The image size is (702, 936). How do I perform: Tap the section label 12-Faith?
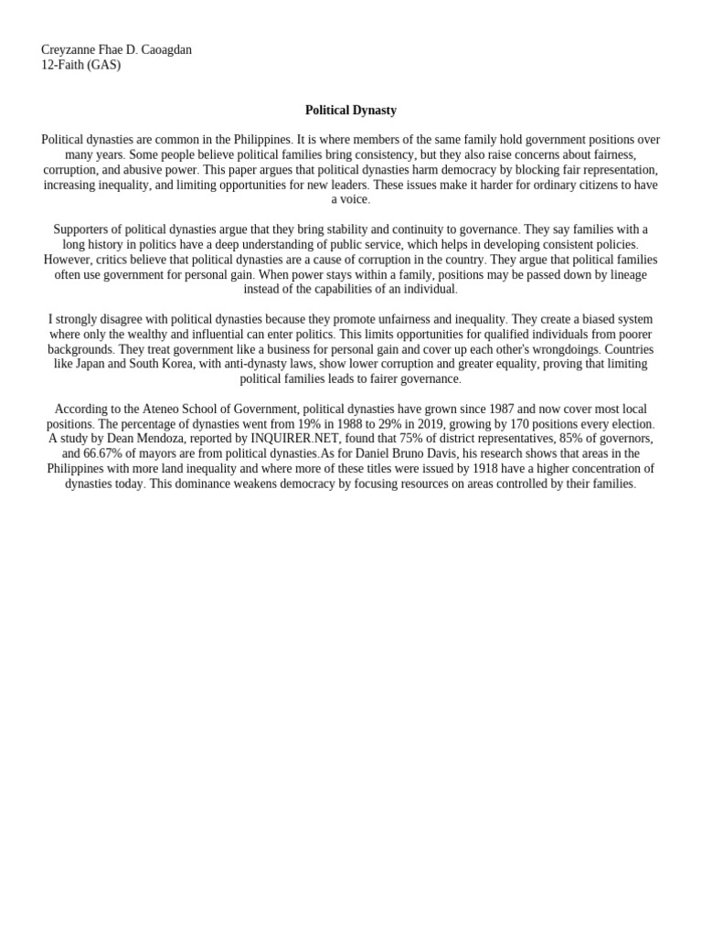coord(63,65)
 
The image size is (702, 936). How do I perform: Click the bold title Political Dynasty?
coord(351,110)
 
